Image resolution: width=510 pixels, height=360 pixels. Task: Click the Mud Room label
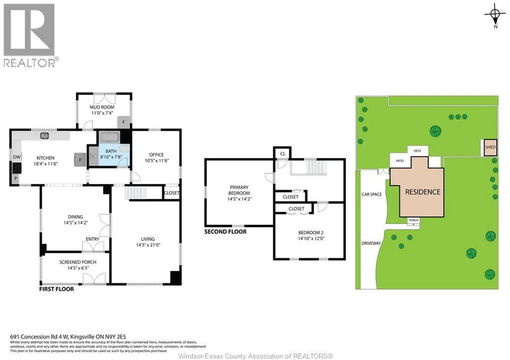[x=102, y=107]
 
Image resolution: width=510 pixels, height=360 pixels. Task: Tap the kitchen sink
[x=44, y=135]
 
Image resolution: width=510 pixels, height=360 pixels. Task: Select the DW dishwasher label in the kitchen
[x=16, y=157]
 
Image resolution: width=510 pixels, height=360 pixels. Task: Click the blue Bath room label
[x=111, y=151]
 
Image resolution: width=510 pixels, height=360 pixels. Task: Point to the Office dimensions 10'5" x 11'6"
[x=157, y=160]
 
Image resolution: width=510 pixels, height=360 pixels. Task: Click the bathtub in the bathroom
[x=109, y=137]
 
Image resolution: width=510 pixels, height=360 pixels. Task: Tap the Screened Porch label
[x=78, y=262]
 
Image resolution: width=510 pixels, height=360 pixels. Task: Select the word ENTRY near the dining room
[x=92, y=239]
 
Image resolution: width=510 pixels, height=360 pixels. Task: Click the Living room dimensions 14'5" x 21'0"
[x=148, y=245]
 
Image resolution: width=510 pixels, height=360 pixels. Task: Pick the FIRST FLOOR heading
[x=57, y=289]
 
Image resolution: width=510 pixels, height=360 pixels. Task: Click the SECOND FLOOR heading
[x=226, y=232]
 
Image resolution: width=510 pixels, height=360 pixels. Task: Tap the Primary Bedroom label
[x=239, y=190]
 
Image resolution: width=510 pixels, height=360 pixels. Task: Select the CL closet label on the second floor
[x=283, y=153]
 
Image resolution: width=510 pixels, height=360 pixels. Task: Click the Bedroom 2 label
[x=311, y=233]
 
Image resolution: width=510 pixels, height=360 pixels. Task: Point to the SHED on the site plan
[x=490, y=147]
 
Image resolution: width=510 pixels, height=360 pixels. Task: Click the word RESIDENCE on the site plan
[x=423, y=192]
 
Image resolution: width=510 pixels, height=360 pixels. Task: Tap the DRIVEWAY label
[x=371, y=243]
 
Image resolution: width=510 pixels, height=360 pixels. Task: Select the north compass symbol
[x=495, y=14]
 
